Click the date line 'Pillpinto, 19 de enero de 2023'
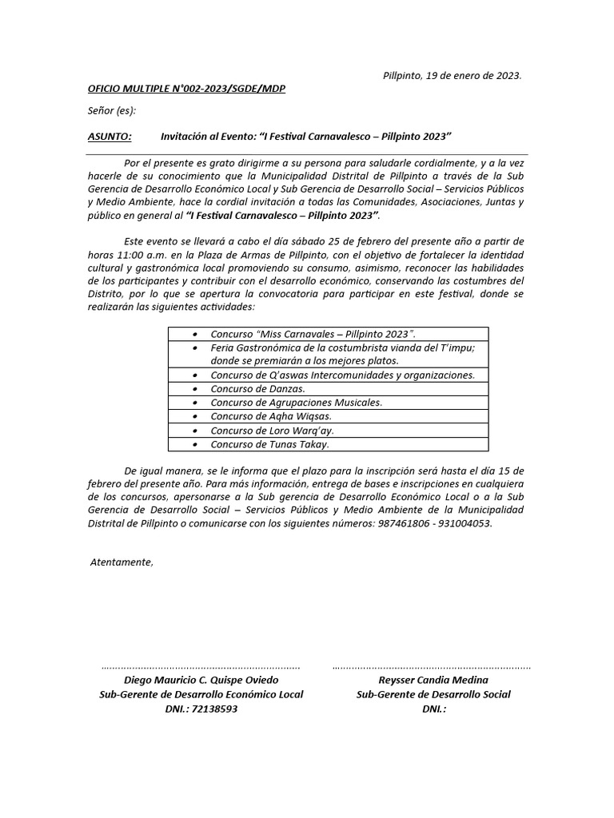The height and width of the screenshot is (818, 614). [x=452, y=76]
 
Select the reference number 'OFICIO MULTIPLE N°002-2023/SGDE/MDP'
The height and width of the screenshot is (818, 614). [x=186, y=89]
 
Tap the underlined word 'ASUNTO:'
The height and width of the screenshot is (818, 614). [x=110, y=137]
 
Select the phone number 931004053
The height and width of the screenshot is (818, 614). [x=467, y=523]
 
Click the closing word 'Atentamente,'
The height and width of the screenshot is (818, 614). [x=121, y=562]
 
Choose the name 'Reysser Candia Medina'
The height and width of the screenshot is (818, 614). [x=433, y=681]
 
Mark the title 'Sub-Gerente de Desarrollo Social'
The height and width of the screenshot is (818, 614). [x=433, y=694]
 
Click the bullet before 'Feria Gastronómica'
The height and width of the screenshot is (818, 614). [x=195, y=348]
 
